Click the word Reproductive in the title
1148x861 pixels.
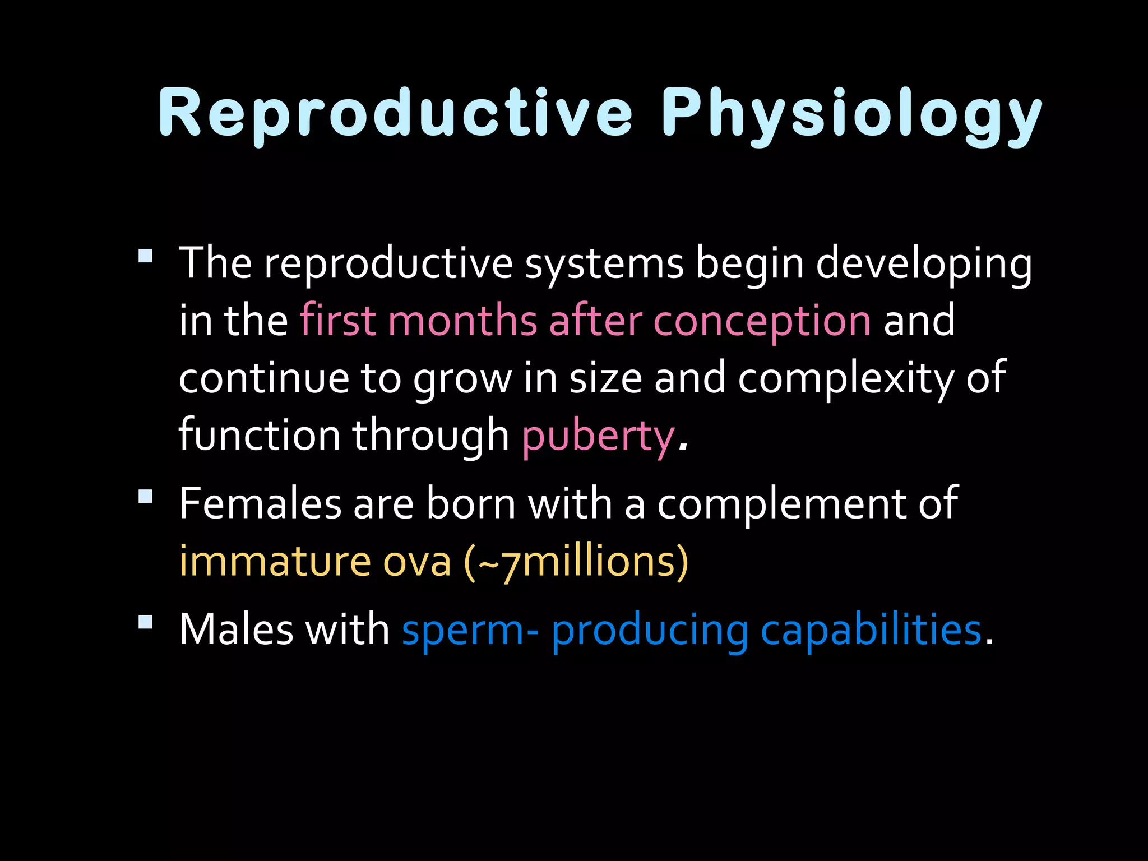coord(395,114)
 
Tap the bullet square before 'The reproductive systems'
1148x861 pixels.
coord(145,256)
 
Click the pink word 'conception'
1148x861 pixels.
coord(762,321)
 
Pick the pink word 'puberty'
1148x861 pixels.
coord(598,436)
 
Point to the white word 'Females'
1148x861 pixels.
coord(260,503)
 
